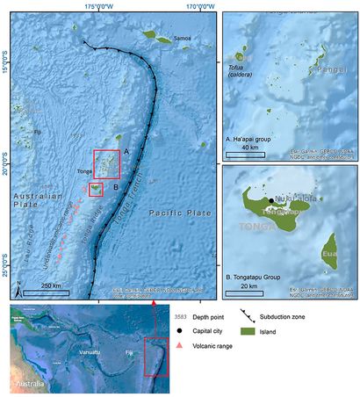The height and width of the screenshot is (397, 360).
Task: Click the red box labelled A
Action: point(106,163)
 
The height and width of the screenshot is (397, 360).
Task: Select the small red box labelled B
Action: point(96,188)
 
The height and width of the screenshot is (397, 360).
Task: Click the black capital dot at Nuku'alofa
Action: point(262,198)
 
